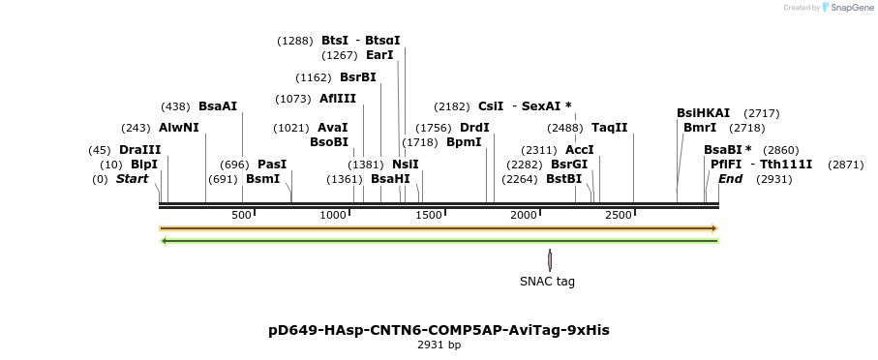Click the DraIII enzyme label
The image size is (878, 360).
coord(139,150)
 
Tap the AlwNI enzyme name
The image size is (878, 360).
coord(178,128)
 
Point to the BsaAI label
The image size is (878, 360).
coord(217,106)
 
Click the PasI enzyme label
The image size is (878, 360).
coord(272,165)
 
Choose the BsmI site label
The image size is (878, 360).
coord(262,179)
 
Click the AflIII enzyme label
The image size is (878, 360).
coord(338,99)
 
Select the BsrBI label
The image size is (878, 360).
coord(357,77)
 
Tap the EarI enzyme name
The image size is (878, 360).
coord(379,55)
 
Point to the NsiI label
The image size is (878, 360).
coord(406,165)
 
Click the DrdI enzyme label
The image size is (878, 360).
coord(474,128)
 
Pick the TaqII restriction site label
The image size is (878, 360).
coord(609,128)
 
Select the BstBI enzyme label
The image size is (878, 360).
coord(564,179)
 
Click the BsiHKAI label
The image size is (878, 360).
coord(703,113)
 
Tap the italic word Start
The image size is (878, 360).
coord(133,179)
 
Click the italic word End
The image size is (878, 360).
coord(730,179)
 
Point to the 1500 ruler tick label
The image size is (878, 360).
coord(428,215)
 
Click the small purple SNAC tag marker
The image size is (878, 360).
coord(550,259)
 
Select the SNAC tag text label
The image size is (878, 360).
coord(547,282)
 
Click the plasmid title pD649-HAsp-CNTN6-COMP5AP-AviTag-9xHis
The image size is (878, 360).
coord(439,330)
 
